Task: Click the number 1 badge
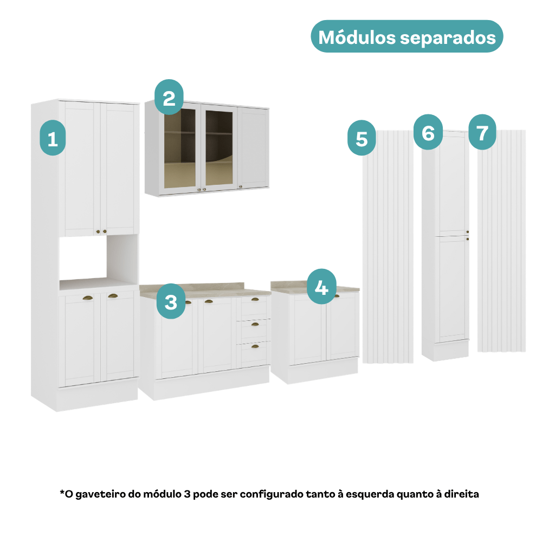(x=53, y=138)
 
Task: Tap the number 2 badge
(x=169, y=97)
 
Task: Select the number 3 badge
(x=171, y=301)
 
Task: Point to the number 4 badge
(x=321, y=287)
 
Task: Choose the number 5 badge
(x=362, y=138)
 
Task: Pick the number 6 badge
(x=428, y=132)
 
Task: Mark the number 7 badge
(x=482, y=132)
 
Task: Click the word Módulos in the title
(x=357, y=37)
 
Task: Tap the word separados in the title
(x=448, y=38)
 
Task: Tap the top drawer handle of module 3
(x=255, y=299)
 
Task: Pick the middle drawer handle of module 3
(x=255, y=324)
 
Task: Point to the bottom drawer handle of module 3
(x=255, y=346)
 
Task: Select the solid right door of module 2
(x=253, y=147)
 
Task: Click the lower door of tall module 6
(x=453, y=289)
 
